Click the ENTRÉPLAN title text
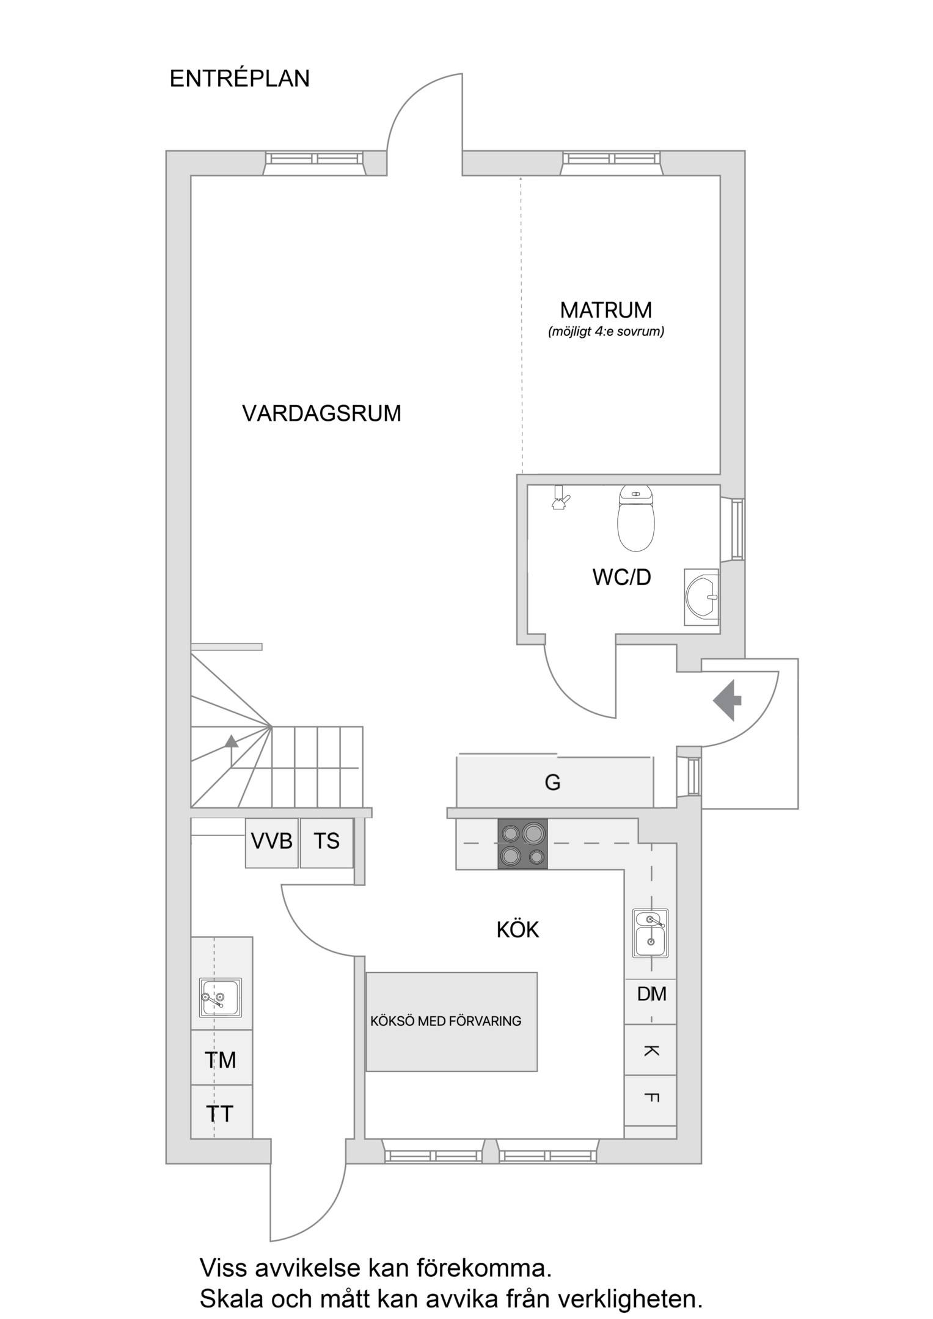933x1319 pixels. click(240, 79)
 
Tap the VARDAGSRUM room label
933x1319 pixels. click(321, 413)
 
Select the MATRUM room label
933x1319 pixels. click(606, 310)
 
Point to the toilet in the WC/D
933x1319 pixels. click(636, 518)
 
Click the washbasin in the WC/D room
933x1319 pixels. click(701, 597)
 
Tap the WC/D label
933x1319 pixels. click(621, 577)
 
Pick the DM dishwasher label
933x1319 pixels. click(651, 994)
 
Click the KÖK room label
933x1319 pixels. click(518, 930)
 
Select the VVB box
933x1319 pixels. click(272, 843)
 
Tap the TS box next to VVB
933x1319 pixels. click(327, 843)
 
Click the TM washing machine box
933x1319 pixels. click(221, 1060)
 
